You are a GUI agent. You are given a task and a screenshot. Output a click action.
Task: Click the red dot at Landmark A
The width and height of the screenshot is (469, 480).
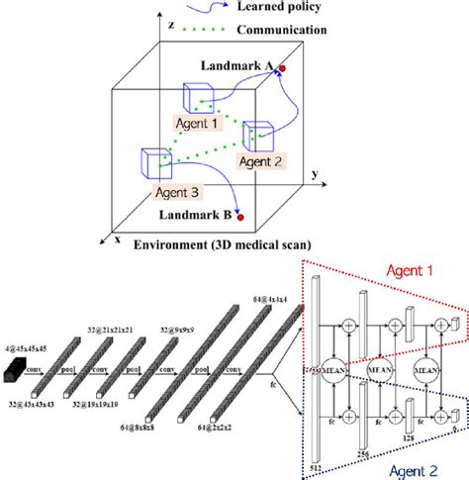pyautogui.click(x=282, y=69)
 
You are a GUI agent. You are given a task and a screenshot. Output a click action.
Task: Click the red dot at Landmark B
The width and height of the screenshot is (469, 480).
pyautogui.click(x=236, y=215)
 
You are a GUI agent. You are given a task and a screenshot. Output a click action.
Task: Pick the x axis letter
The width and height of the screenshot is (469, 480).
pyautogui.click(x=117, y=240)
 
